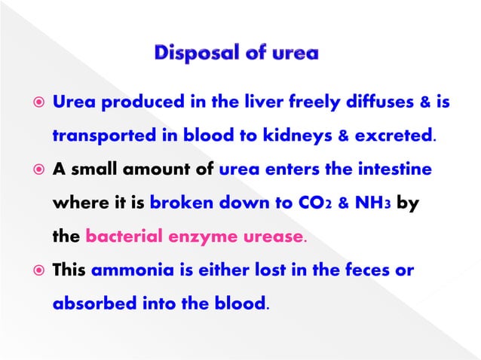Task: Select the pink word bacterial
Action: click(121, 237)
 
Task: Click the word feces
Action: click(371, 271)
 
